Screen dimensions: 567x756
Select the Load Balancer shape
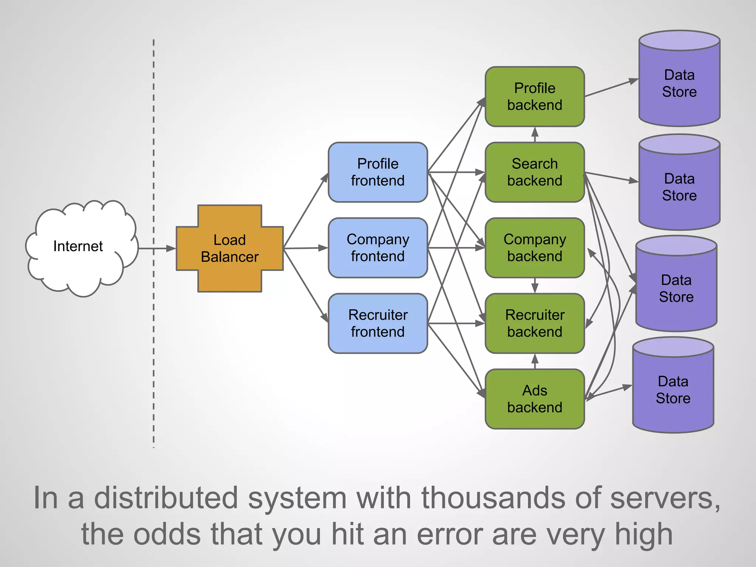230,248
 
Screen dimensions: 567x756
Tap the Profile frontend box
378,172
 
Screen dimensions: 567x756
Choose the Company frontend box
378,248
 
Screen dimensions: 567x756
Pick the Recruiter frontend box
378,323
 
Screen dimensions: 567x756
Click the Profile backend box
535,97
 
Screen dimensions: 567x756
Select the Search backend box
535,172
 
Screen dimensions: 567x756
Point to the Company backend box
535,248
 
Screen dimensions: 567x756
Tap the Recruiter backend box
535,323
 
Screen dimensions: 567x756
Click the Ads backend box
535,399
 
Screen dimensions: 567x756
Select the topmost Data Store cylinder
679,83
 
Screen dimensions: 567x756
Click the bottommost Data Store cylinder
673,389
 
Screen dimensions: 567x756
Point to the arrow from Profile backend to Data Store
611,88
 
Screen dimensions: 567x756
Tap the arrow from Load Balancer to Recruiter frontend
306,285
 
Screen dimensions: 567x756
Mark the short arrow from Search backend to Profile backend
535,135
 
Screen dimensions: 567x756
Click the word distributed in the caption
166,498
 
